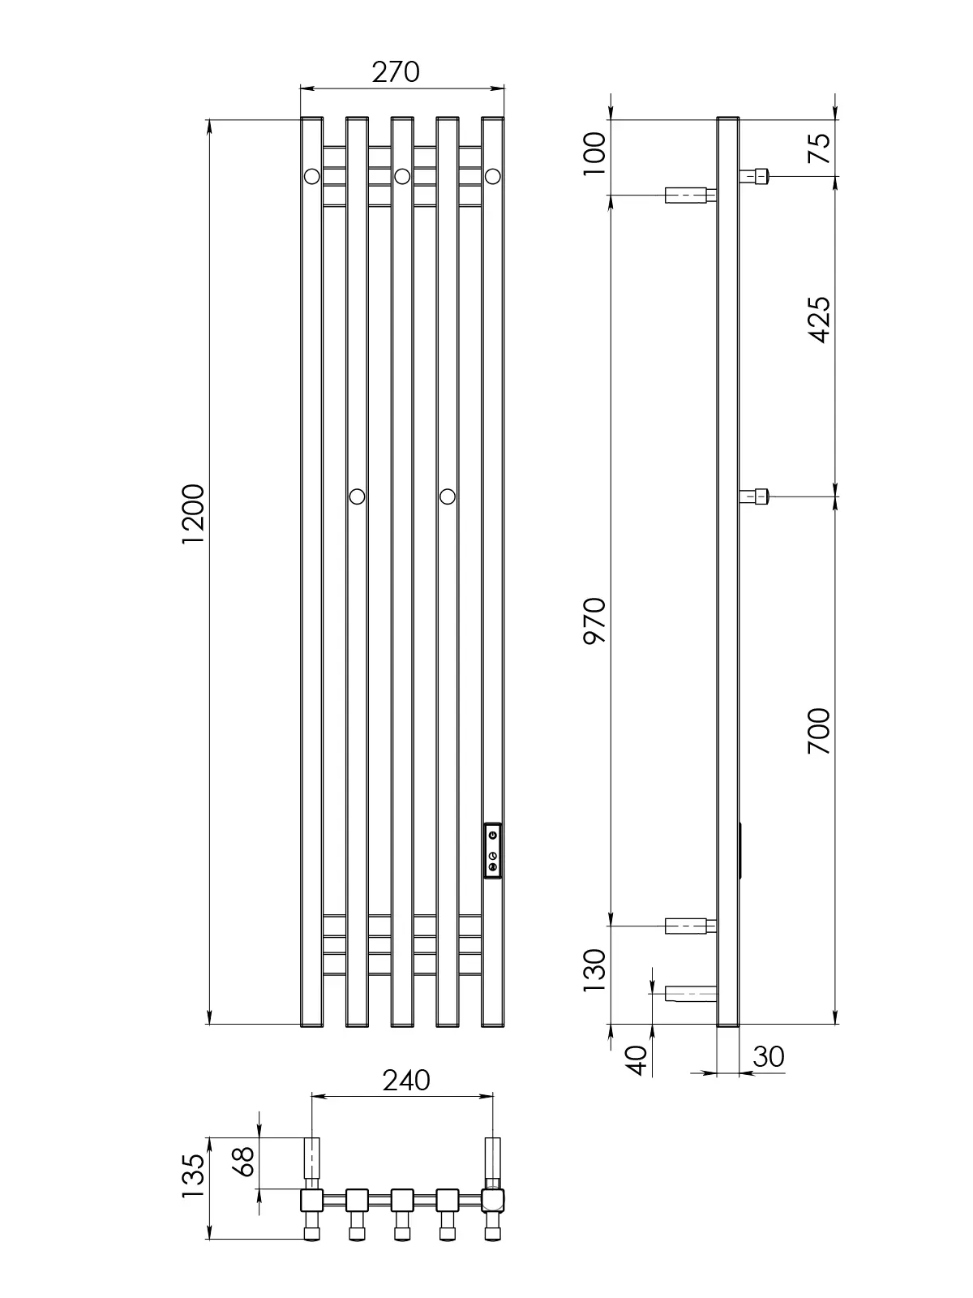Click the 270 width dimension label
pyautogui.click(x=395, y=72)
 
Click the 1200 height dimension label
pyautogui.click(x=193, y=514)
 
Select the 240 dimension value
pyautogui.click(x=406, y=1081)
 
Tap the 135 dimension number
pyautogui.click(x=193, y=1176)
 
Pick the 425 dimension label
pyautogui.click(x=819, y=320)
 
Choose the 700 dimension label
pyautogui.click(x=819, y=731)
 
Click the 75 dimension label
pyautogui.click(x=819, y=148)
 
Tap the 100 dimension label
pyautogui.click(x=594, y=153)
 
